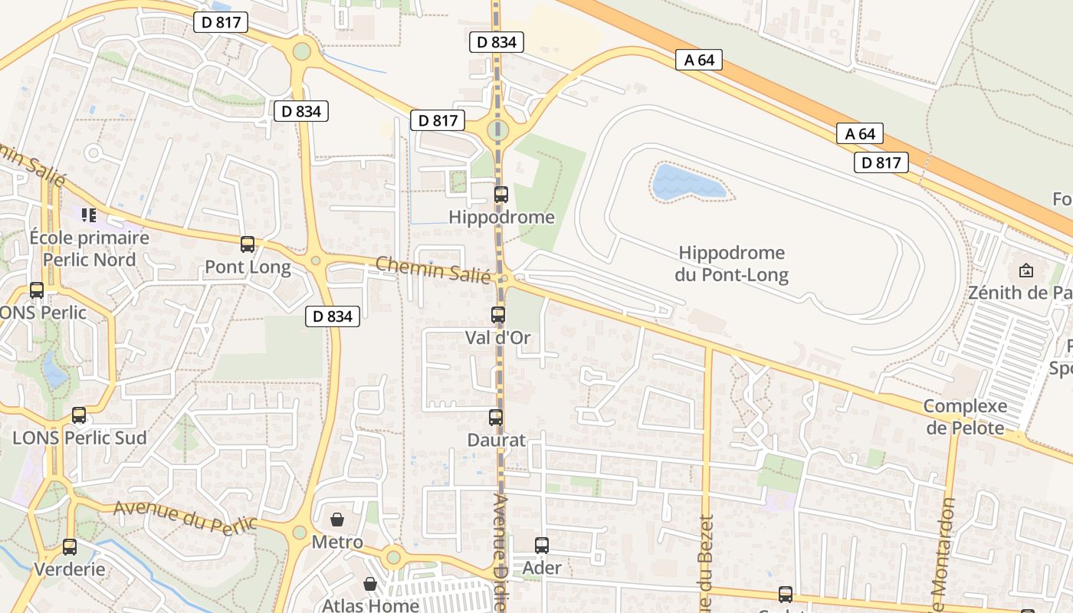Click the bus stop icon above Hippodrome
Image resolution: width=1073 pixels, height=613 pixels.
coord(500,195)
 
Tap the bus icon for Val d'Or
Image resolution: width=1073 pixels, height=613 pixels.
coord(498,314)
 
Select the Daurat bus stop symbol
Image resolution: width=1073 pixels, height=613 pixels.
coord(496,418)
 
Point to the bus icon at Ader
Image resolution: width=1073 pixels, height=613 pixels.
coord(542,546)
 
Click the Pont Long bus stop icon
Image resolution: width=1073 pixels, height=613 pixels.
coord(248,244)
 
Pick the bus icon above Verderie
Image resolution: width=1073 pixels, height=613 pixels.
coord(70,547)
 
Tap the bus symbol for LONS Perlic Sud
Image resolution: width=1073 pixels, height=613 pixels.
coord(79,415)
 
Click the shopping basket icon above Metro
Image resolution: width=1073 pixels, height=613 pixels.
coord(337,520)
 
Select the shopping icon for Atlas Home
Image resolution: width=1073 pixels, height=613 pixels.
coord(370,584)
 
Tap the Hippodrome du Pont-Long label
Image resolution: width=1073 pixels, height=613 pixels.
coord(732,264)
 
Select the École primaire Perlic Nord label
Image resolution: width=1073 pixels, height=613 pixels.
coord(89,248)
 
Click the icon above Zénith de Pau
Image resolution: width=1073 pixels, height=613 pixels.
coord(1026,270)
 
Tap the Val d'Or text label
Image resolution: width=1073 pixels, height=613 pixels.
coord(498,337)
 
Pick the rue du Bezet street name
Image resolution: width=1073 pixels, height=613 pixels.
coord(706,564)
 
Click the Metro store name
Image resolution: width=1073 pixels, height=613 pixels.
coord(337,543)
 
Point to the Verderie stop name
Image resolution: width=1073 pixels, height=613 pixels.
coord(70,570)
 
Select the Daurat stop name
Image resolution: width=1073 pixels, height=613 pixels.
coord(497,440)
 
